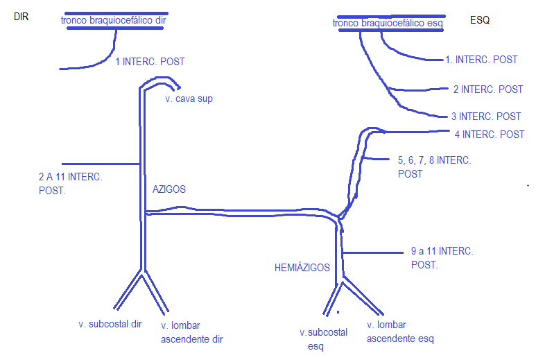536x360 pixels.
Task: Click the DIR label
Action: point(22,16)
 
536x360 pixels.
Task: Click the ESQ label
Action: point(479,21)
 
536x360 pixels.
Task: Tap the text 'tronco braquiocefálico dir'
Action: point(114,20)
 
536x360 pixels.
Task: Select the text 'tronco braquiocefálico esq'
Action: point(388,24)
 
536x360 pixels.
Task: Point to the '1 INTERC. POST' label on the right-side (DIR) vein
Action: point(150,62)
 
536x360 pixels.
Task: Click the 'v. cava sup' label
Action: point(189,98)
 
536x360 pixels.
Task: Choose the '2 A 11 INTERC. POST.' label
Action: point(71,184)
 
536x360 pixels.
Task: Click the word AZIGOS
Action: point(169,189)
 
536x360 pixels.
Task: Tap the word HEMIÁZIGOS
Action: point(302,267)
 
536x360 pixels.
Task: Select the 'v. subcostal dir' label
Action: point(110,324)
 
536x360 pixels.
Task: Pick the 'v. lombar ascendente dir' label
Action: point(191,332)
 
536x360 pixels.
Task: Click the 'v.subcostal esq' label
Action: point(323,339)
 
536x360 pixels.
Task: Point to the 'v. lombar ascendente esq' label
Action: point(400,332)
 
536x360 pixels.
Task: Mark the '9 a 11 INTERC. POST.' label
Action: point(442,257)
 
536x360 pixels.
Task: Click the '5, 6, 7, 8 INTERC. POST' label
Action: point(434,166)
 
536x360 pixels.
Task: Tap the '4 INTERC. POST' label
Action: point(489,134)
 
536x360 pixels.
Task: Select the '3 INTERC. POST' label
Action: point(485,117)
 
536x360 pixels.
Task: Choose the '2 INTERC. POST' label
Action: point(487,89)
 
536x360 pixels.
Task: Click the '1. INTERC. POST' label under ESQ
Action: point(481,60)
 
